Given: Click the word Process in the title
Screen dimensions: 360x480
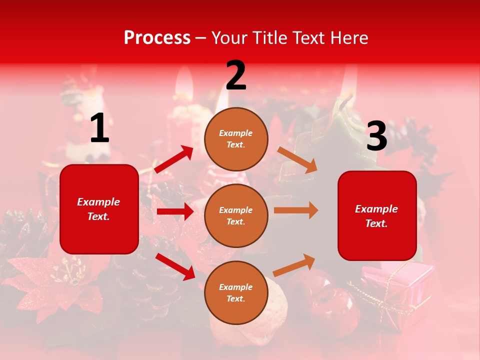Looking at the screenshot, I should (157, 37).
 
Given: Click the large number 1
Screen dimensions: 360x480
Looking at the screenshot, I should (99, 128).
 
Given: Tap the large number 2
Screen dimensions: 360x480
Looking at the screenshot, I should (236, 76).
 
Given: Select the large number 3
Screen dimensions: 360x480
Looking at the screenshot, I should (376, 136).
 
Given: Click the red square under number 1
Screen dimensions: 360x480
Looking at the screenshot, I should (99, 209).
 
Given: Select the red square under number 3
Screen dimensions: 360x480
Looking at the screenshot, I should (377, 215).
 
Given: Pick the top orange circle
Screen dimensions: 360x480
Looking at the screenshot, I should (236, 139).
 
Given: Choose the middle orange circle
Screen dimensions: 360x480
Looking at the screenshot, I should (236, 215).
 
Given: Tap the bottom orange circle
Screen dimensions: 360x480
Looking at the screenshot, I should (236, 292).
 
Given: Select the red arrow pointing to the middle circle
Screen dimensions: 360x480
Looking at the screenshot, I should (175, 211).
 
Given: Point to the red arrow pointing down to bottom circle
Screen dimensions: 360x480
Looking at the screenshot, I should (175, 266).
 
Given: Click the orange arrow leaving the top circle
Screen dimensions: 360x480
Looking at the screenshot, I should (297, 159).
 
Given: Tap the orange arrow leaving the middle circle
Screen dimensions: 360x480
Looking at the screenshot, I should (296, 210).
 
